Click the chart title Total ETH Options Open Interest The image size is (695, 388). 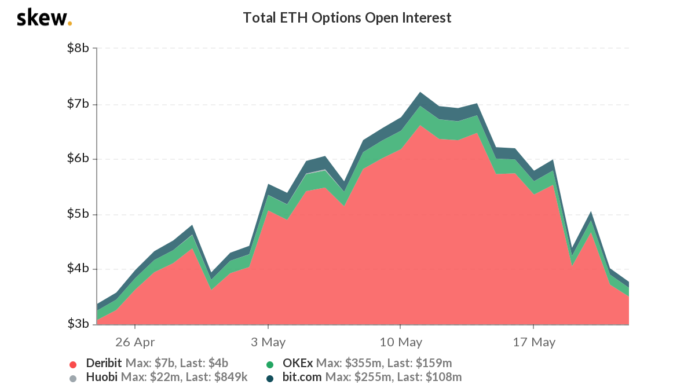347,18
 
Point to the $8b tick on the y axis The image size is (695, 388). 78,48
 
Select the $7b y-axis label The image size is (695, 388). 78,104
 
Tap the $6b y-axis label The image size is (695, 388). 78,159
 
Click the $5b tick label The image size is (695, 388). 78,214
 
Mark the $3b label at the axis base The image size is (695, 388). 78,324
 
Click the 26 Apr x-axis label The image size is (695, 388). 134,342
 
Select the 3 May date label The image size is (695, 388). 268,342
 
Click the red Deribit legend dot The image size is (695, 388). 73,364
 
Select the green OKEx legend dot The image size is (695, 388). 270,364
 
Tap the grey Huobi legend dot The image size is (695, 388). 73,378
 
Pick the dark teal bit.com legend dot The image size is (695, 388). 270,378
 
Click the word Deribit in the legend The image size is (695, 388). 104,364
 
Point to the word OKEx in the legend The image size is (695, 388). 298,364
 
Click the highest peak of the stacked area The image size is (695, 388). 419,92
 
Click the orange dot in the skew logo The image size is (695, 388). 70,24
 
